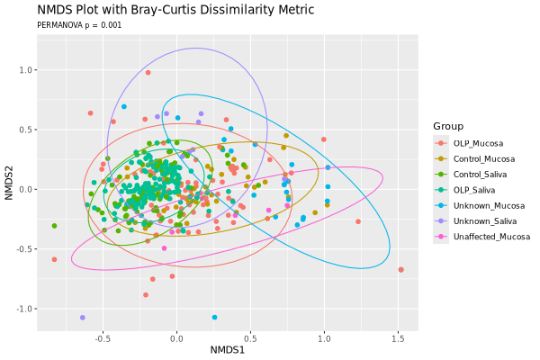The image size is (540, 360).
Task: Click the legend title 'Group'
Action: [447, 126]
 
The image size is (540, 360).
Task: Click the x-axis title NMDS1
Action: [227, 349]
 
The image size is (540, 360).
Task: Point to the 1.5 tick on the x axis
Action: [398, 337]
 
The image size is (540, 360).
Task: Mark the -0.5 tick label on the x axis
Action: [102, 337]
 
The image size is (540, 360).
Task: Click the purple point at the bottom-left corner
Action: [82, 318]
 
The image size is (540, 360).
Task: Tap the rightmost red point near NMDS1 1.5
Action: [400, 269]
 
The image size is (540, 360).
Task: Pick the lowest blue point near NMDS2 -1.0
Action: [214, 317]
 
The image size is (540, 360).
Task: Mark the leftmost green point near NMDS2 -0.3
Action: [54, 226]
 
